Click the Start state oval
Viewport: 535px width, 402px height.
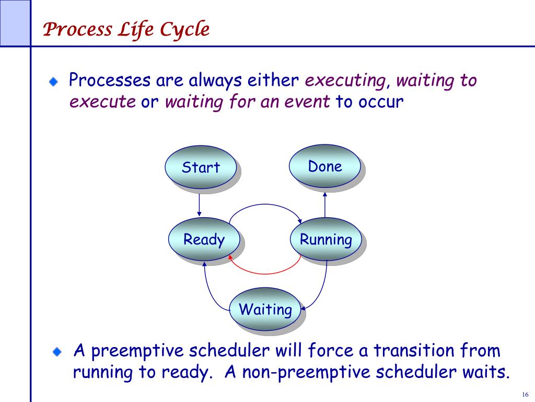[x=201, y=167]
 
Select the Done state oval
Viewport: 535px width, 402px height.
[x=325, y=166]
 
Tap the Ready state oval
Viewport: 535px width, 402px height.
[x=204, y=239]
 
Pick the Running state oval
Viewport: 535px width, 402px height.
[x=326, y=239]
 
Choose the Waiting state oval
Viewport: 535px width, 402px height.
[x=265, y=309]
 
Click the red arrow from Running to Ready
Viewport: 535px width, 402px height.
[x=264, y=274]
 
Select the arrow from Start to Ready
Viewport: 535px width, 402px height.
[x=199, y=205]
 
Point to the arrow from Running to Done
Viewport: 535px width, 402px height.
[x=325, y=205]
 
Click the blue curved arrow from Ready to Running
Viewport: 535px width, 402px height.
[x=265, y=205]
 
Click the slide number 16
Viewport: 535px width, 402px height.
[x=525, y=394]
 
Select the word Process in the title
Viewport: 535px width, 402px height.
[x=77, y=29]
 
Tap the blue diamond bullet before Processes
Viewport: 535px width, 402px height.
[x=54, y=82]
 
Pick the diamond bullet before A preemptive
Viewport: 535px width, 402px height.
[x=57, y=352]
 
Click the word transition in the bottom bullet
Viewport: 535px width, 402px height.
[x=413, y=351]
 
